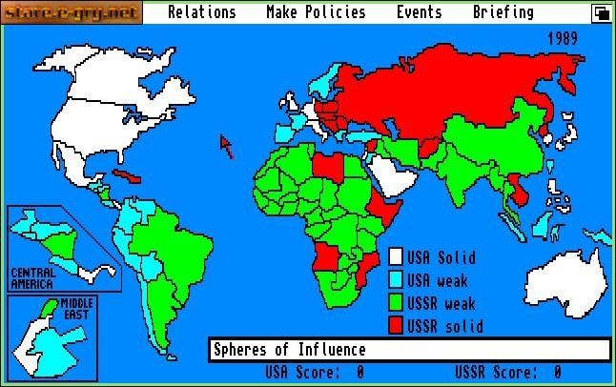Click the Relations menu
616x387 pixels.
point(201,12)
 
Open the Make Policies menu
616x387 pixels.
point(316,12)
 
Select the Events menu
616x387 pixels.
point(419,12)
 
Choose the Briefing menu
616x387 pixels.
point(503,12)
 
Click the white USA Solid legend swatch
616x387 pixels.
point(396,257)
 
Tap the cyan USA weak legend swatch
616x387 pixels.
point(396,280)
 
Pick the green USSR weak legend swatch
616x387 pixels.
point(396,303)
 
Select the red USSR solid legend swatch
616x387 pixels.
point(396,326)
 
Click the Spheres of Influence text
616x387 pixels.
point(289,350)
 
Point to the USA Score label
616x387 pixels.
point(295,373)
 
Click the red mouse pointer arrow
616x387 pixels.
point(227,145)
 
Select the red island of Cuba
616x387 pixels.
point(126,178)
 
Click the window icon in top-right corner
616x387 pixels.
point(601,12)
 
